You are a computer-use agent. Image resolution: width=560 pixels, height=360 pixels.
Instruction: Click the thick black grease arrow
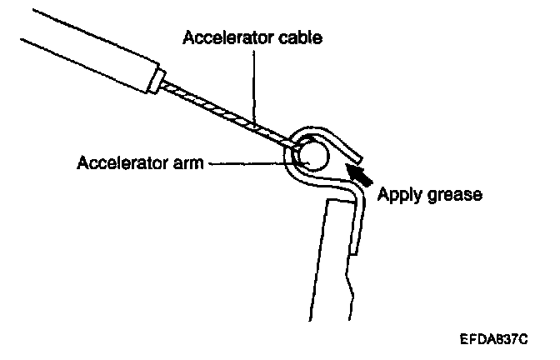[359, 173]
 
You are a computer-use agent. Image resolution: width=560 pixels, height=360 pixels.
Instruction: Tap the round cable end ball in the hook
[314, 153]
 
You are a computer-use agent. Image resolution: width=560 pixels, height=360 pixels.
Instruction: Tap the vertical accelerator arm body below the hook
[333, 267]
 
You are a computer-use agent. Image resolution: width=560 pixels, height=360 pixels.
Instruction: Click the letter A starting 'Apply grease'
[384, 194]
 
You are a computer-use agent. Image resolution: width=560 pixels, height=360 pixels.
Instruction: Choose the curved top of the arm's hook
[321, 134]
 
